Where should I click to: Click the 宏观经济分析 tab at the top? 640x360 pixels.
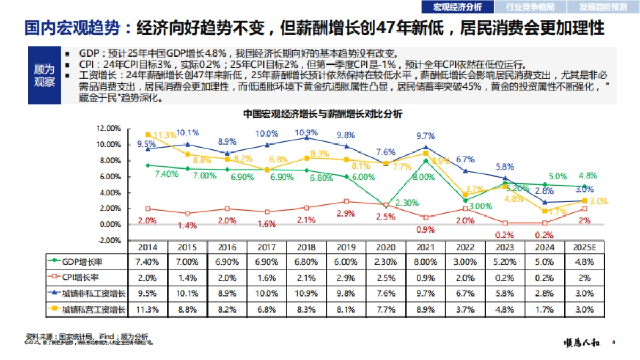(457, 7)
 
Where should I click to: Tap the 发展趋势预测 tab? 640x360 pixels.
(603, 7)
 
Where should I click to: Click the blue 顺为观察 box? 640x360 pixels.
(44, 76)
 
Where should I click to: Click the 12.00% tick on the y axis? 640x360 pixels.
(108, 128)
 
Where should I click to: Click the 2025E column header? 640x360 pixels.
(585, 247)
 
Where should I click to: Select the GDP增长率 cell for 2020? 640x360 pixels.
(386, 262)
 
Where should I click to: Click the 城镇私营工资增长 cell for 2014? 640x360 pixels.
(148, 309)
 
